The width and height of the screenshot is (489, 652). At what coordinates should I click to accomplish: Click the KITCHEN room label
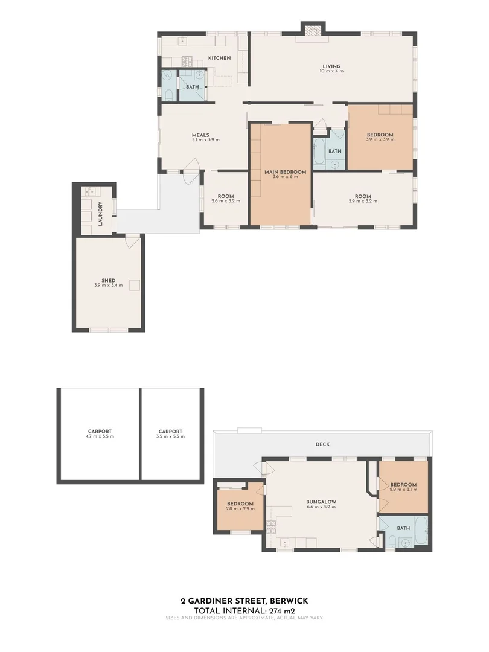219,58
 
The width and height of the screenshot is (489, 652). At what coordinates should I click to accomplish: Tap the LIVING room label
331,66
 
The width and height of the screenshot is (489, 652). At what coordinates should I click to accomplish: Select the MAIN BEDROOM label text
285,172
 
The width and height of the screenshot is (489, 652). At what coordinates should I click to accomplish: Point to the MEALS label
200,135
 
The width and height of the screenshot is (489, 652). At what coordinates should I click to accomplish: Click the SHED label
108,280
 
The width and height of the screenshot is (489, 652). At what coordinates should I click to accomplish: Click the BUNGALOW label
321,502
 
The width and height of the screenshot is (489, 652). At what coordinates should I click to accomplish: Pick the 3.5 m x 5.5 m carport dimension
170,436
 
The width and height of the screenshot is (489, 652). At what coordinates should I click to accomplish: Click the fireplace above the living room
313,30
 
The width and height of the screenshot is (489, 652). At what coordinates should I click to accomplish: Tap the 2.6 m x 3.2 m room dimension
226,200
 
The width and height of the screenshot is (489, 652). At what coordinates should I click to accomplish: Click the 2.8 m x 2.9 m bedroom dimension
240,508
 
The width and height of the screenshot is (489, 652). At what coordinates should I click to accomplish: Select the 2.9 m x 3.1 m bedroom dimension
403,490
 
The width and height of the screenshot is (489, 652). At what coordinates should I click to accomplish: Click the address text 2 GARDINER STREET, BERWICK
244,601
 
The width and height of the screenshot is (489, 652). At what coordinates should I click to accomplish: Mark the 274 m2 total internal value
280,610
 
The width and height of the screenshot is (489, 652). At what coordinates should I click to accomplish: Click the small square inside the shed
135,286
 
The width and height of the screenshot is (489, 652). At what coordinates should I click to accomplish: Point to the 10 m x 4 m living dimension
331,71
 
